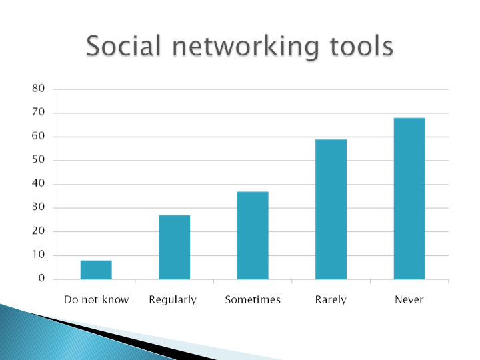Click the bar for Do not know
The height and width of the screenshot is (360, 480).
click(x=96, y=270)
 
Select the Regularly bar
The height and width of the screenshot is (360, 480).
click(x=175, y=247)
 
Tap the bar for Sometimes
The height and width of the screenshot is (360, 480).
click(x=253, y=235)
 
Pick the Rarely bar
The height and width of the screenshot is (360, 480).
click(x=331, y=209)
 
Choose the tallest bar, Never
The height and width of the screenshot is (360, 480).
click(x=409, y=199)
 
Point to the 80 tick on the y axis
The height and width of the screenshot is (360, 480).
click(x=38, y=89)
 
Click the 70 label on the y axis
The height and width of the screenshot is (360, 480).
click(x=38, y=113)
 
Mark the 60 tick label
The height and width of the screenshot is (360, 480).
click(x=38, y=136)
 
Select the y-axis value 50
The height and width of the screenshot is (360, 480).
click(x=38, y=159)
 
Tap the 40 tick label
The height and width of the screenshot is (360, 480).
click(x=38, y=183)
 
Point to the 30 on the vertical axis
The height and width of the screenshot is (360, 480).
click(x=38, y=207)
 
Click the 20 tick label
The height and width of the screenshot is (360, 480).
click(x=38, y=231)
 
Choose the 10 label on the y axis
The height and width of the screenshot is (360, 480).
click(x=38, y=255)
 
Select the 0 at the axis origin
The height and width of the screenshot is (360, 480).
click(x=41, y=278)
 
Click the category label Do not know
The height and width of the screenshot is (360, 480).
click(x=97, y=299)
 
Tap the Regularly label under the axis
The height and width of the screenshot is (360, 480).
click(x=173, y=300)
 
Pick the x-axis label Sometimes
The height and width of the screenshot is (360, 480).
click(x=253, y=299)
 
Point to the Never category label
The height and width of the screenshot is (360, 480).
click(x=409, y=299)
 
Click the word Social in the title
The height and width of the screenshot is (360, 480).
click(x=124, y=45)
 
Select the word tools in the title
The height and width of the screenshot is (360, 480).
click(x=361, y=45)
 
